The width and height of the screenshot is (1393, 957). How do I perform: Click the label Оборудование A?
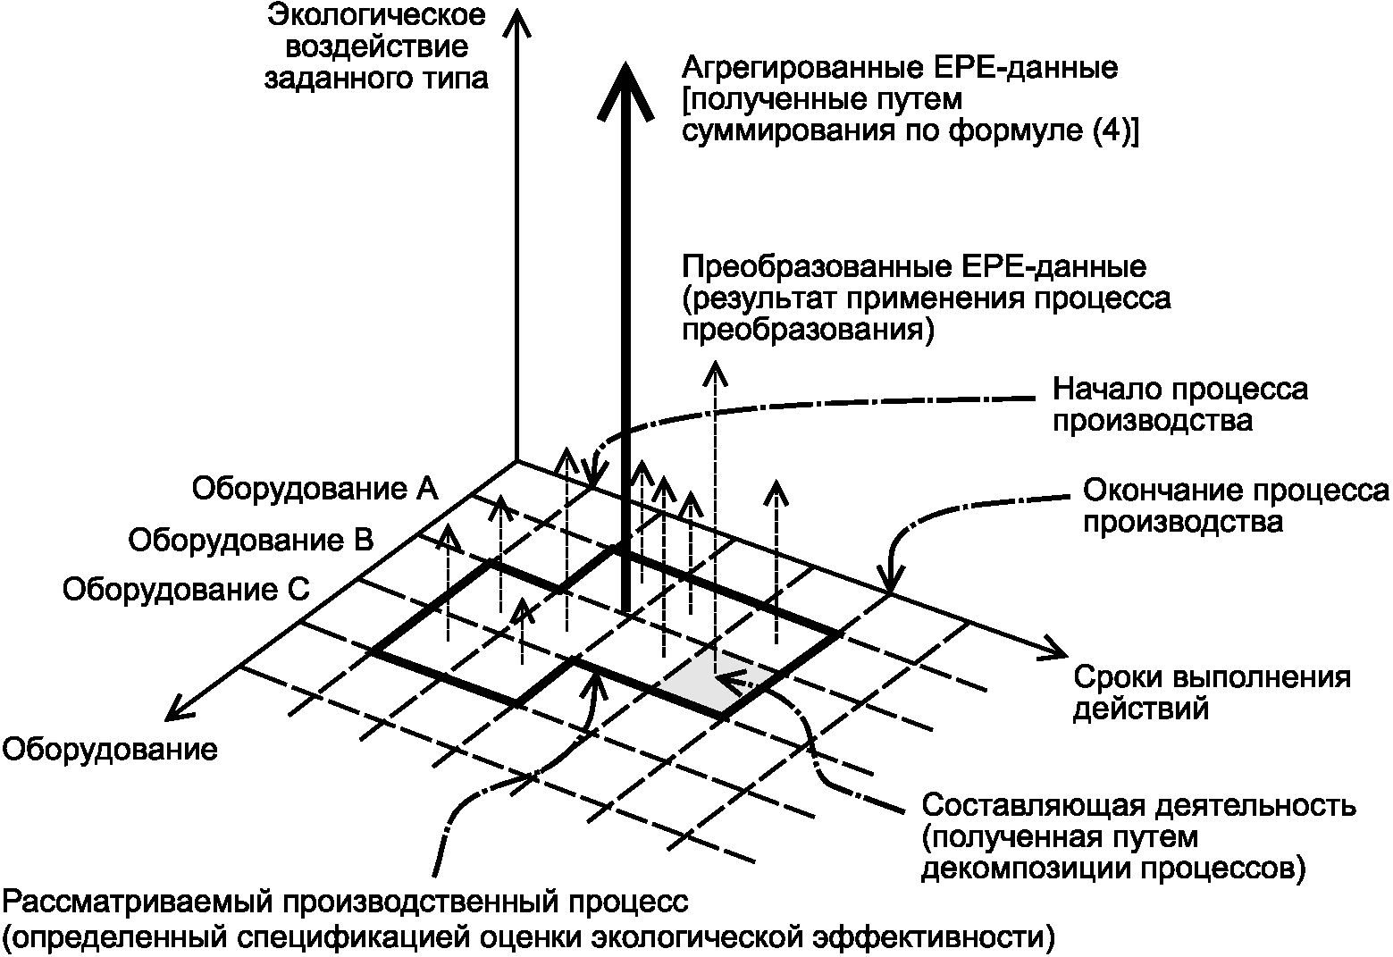click(x=314, y=489)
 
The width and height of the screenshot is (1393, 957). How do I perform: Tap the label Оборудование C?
click(x=186, y=590)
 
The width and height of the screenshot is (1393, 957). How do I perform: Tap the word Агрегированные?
click(x=795, y=68)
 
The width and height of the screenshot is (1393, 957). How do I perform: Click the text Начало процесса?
click(x=1179, y=390)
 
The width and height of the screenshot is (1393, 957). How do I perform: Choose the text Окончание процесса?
click(x=1236, y=491)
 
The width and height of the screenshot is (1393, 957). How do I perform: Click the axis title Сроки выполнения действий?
click(x=1211, y=693)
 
